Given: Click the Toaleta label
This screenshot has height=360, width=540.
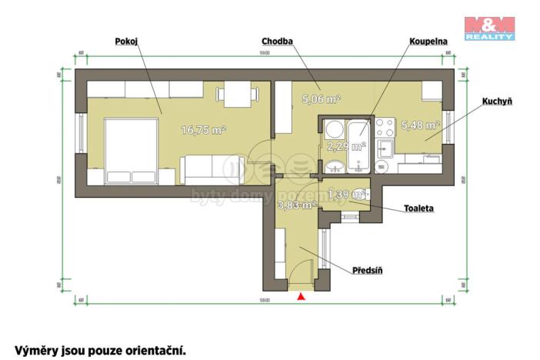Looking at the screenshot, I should click(419, 208).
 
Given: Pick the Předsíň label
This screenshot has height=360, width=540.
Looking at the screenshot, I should click(367, 270).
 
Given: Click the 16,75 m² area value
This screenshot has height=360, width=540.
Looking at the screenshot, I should click(203, 130).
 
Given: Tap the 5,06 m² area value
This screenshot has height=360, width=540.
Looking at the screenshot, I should click(321, 99).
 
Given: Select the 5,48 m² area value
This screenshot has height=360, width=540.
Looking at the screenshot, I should click(420, 125).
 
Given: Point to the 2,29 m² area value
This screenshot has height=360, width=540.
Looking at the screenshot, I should click(345, 145).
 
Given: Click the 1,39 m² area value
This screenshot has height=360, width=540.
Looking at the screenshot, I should click(345, 195).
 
